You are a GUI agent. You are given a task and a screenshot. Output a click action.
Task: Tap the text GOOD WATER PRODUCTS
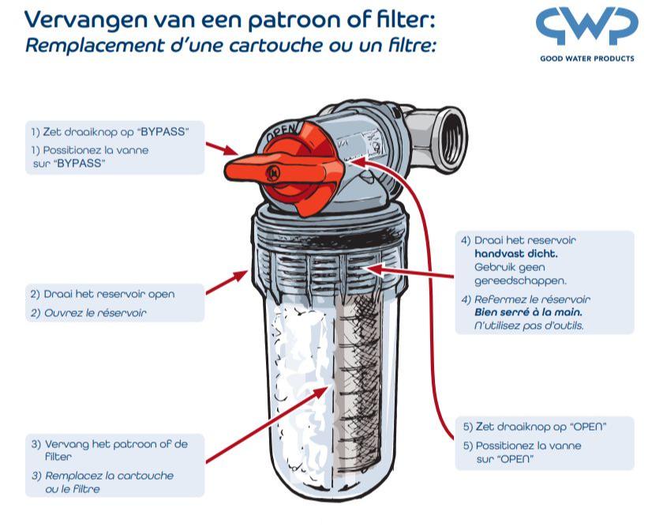pyautogui.click(x=586, y=58)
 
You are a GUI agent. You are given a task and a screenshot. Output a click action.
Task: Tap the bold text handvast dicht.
pyautogui.click(x=515, y=254)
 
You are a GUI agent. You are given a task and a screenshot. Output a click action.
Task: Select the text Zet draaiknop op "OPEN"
pyautogui.click(x=534, y=427)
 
